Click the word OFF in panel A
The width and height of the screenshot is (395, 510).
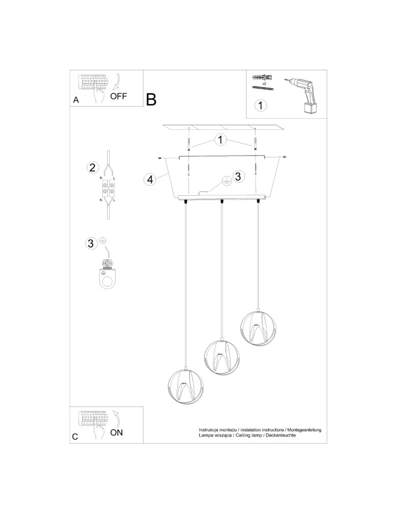click(118, 96)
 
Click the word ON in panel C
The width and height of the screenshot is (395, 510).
click(116, 433)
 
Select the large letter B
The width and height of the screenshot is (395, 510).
click(151, 99)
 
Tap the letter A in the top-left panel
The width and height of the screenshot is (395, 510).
click(76, 100)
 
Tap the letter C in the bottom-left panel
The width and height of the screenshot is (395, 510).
click(76, 437)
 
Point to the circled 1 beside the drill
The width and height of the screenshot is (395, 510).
click(260, 106)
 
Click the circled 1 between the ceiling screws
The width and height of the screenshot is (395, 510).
click(220, 139)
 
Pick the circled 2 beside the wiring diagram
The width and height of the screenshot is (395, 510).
click(92, 167)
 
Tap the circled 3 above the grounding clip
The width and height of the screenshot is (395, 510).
click(91, 243)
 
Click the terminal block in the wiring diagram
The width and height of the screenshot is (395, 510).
click(108, 188)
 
